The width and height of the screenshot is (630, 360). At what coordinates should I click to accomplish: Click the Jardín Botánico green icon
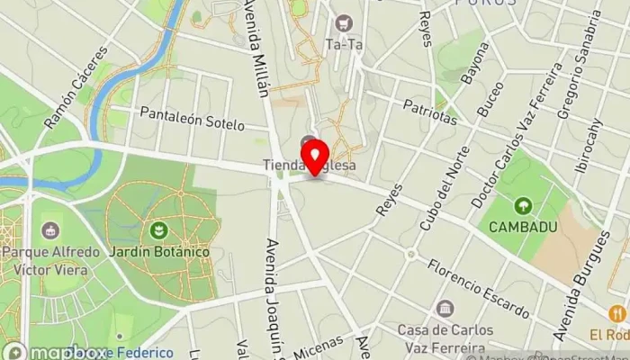tap(159, 231)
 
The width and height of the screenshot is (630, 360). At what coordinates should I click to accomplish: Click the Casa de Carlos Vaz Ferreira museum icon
tap(445, 310)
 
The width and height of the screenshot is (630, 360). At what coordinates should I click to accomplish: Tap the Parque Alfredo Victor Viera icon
tap(49, 231)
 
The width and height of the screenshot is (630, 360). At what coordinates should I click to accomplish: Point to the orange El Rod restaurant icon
tap(616, 313)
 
